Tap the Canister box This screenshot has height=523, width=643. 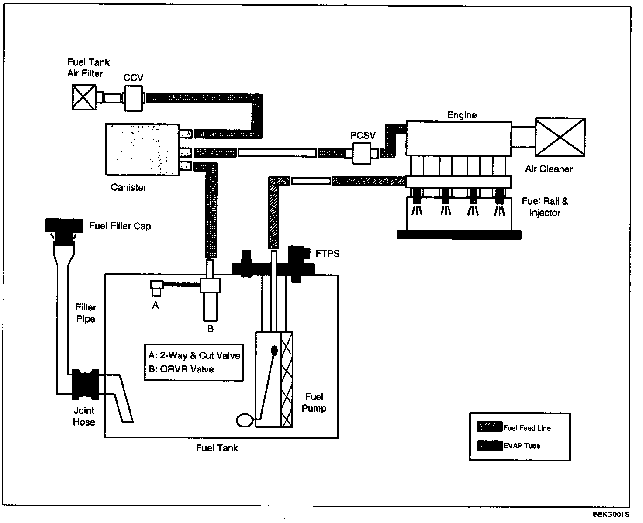point(142,149)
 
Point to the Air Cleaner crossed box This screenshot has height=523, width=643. point(560,137)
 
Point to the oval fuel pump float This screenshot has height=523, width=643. point(245,420)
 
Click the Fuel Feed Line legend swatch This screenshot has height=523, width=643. point(489,427)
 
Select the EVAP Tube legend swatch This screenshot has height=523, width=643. point(489,446)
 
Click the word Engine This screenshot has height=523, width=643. point(462,115)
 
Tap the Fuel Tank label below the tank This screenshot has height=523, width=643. point(217,448)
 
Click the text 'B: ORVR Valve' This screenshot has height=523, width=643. point(181,369)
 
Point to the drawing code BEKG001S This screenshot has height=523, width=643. point(611,514)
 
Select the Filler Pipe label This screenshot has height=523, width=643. point(86,313)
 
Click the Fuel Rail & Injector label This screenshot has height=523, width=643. point(545,207)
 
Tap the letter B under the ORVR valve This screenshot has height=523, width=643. point(211,329)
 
